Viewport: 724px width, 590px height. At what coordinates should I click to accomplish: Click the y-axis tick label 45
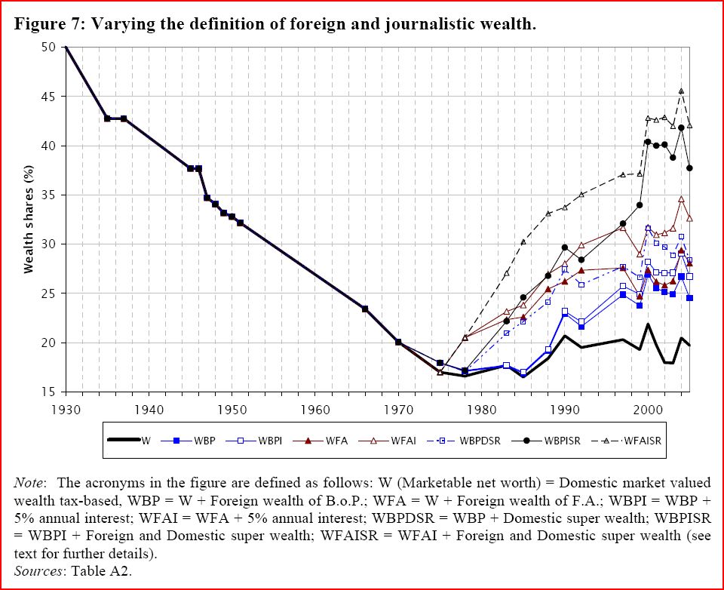pos(49,97)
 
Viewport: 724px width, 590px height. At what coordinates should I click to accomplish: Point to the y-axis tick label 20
pos(49,343)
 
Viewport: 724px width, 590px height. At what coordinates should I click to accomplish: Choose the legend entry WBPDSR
pos(483,440)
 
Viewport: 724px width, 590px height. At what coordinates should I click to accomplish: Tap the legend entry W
pos(145,440)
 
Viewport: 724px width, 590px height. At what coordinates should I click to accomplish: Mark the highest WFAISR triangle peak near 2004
pos(682,91)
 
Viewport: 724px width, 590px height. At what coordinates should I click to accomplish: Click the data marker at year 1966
pos(365,309)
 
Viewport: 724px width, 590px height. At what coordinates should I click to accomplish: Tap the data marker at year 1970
pos(398,342)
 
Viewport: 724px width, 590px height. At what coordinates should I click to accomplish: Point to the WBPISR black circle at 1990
pos(565,247)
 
